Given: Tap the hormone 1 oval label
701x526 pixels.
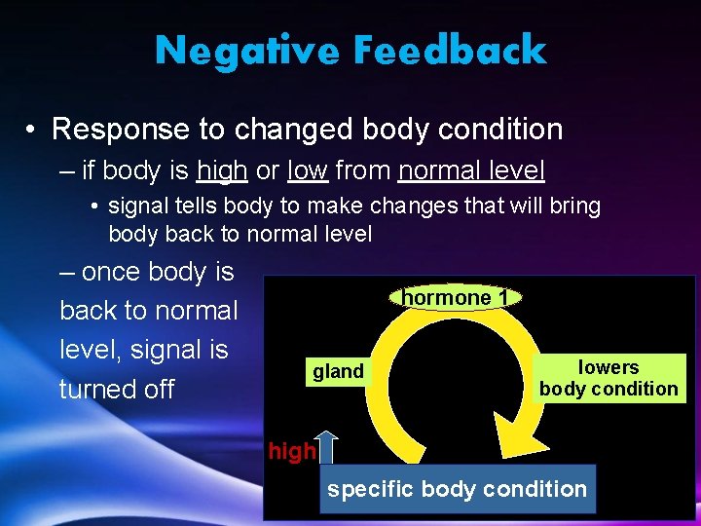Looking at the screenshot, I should point(456,297).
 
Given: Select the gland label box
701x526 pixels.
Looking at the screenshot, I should point(338,371).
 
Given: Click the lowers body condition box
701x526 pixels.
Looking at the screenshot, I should point(609,378).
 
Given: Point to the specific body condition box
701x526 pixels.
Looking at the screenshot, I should point(457,489).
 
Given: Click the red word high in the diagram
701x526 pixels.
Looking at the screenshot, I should point(291,451).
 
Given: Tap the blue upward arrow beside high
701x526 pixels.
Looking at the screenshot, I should point(326,447).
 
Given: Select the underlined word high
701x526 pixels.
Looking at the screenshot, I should point(221,171).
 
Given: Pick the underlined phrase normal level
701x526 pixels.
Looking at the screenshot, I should point(471,171).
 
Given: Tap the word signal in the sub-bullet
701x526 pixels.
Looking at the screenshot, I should point(136,207).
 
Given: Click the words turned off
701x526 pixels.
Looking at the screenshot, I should point(117,390).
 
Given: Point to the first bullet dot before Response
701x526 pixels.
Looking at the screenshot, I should point(33,130).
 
